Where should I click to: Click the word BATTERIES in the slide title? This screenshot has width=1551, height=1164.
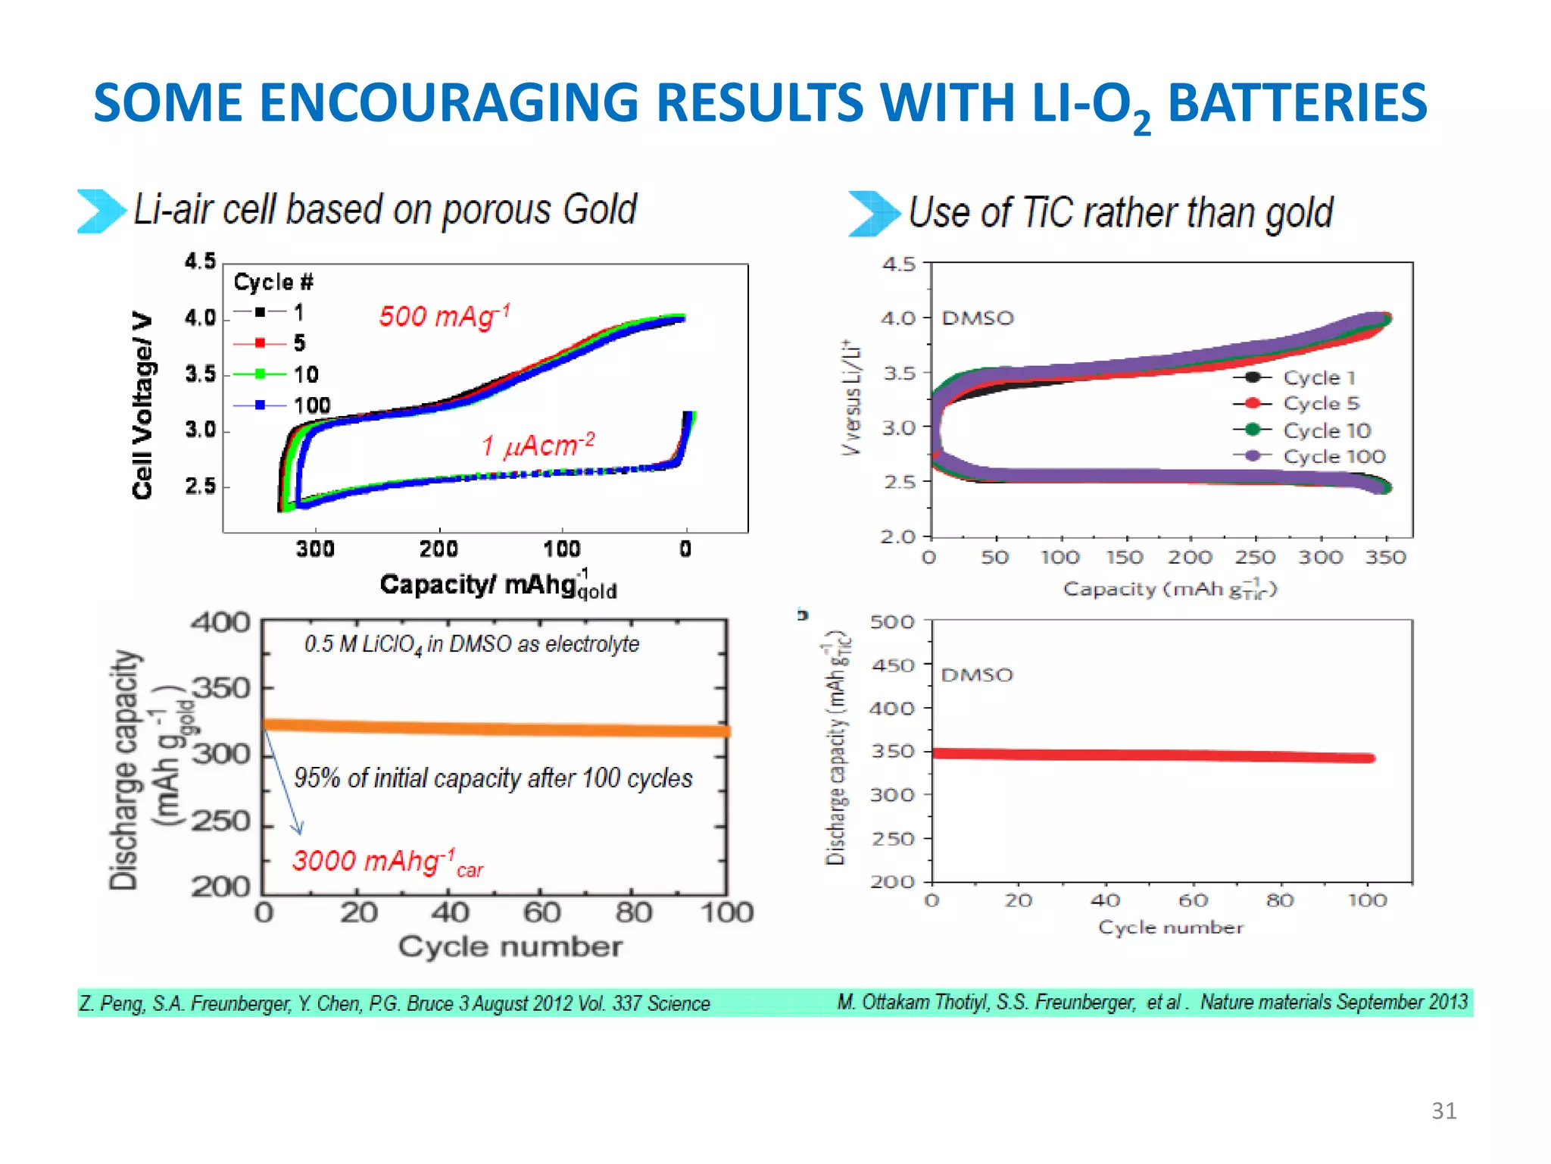click(x=1297, y=103)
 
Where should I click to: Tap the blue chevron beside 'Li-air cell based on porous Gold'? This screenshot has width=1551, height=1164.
click(x=101, y=211)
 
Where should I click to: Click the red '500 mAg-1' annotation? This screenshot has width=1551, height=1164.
click(x=445, y=315)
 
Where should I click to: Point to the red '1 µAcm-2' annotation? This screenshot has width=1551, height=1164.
click(x=538, y=445)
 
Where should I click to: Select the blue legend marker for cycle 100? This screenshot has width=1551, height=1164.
click(x=260, y=405)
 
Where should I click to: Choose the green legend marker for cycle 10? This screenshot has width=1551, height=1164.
click(x=260, y=374)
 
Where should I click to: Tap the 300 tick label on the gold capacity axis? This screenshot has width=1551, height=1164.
click(x=315, y=549)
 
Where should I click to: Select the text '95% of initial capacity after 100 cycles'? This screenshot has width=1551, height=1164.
click(x=493, y=778)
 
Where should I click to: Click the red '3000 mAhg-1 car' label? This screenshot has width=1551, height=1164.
click(x=387, y=862)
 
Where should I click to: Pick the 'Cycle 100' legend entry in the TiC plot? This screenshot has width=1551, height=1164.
click(x=1334, y=456)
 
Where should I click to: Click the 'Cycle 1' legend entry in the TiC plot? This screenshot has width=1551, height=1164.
click(x=1319, y=377)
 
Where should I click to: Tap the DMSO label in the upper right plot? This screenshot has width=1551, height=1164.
click(x=977, y=318)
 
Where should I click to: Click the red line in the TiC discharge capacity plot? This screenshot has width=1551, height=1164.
click(x=1151, y=755)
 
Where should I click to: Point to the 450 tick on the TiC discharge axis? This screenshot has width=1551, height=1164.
click(x=893, y=665)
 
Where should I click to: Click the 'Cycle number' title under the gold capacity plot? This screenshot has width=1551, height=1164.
click(x=510, y=947)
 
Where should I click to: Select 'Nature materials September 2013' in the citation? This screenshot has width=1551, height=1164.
click(x=1334, y=1002)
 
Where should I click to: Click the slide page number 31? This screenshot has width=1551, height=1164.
click(x=1443, y=1110)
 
